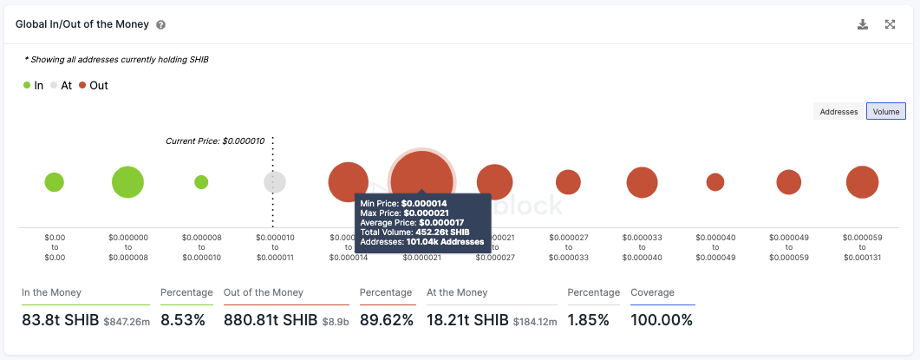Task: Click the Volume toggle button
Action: coord(886,111)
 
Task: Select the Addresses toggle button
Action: coord(838,111)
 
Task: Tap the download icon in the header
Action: coord(863,24)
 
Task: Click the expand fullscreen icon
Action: coord(890,24)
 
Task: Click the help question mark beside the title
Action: coord(161,25)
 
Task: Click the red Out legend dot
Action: coord(82,85)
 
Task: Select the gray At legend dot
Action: coord(54,85)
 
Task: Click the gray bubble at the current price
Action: coord(275,182)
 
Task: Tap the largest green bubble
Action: coord(127,182)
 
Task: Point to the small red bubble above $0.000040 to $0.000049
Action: coord(715,182)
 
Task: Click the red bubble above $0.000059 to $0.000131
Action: coord(863,182)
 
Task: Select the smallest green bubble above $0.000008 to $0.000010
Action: coord(201,182)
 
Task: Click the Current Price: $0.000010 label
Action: coord(217,141)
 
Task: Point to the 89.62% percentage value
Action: coord(386,320)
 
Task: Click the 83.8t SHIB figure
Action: coord(60,320)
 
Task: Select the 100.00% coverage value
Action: coord(662,320)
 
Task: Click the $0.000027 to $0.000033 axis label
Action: coord(568,247)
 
